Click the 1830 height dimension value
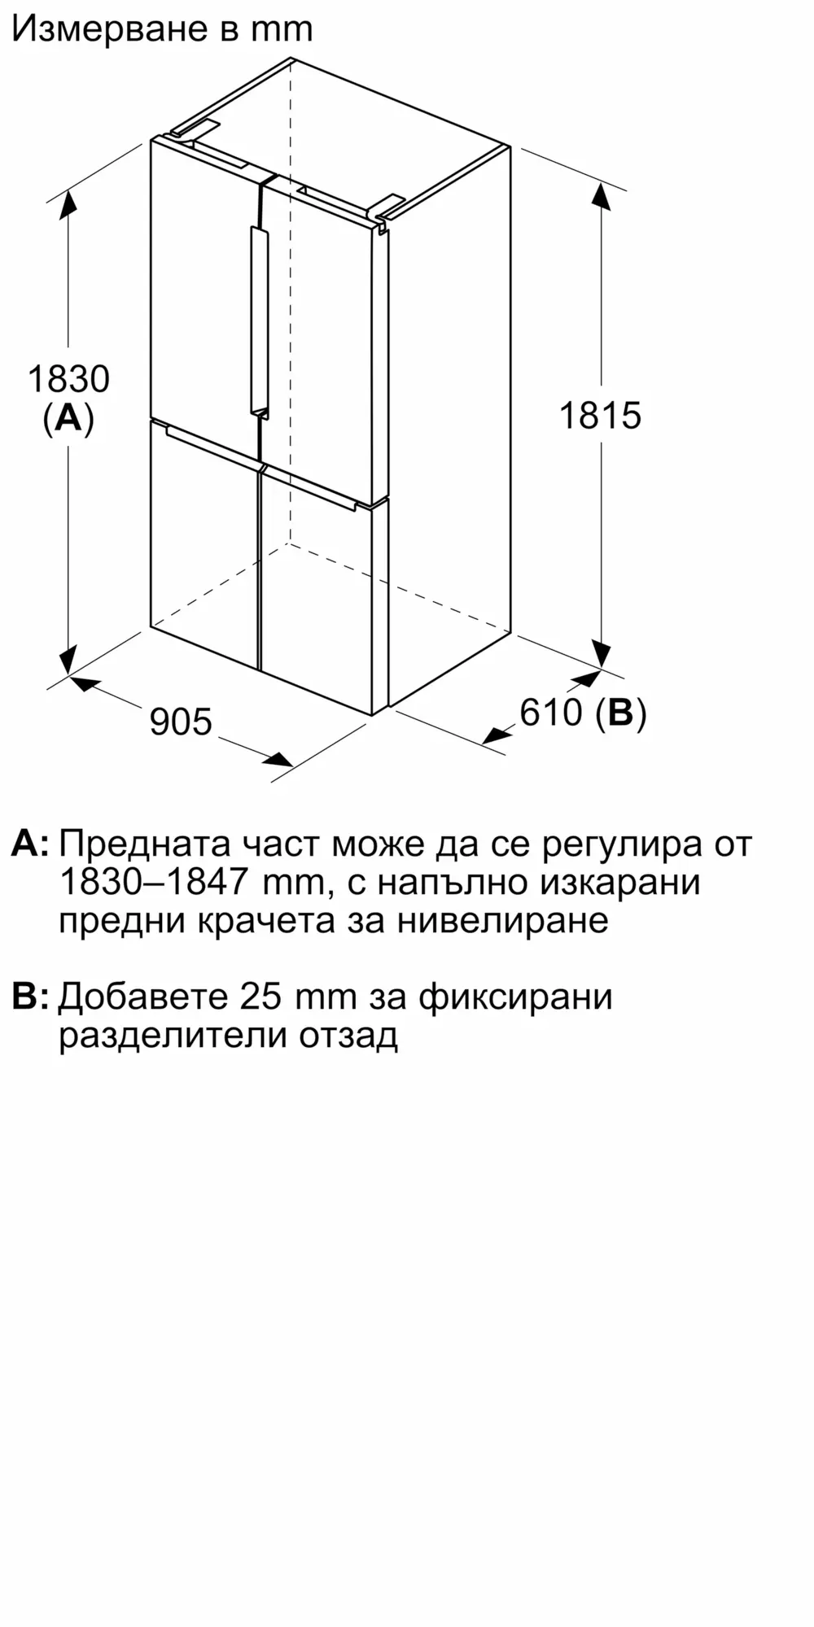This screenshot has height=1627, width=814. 68,379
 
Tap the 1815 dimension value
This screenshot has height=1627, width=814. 600,416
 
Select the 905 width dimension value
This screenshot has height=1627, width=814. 181,722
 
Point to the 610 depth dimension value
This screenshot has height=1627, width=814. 552,713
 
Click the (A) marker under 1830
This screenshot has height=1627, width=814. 68,418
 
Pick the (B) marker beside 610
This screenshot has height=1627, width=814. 620,713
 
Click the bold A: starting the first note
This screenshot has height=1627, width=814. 30,844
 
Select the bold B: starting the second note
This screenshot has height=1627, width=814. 30,997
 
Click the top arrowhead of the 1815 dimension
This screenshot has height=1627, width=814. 600,197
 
